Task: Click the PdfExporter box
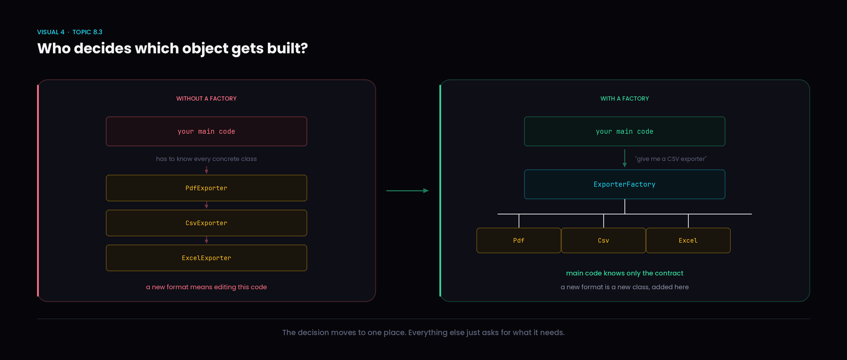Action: coord(206,188)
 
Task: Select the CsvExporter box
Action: coord(206,223)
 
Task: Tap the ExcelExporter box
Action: coord(206,258)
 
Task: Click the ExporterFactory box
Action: coord(625,184)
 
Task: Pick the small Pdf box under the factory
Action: coord(519,240)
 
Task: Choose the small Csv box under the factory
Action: coord(603,240)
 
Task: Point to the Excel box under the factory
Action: coord(688,240)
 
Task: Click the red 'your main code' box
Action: coord(206,131)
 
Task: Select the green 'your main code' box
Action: coord(625,131)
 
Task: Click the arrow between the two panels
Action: coord(408,191)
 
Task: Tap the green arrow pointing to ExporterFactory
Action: coord(625,158)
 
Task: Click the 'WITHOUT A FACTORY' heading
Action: coord(206,98)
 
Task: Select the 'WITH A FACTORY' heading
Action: coord(625,98)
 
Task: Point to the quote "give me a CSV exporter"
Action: coord(671,159)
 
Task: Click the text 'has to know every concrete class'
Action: coord(206,159)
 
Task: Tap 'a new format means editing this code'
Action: coord(206,287)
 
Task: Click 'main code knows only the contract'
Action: coord(625,273)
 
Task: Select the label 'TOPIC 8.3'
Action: coord(87,32)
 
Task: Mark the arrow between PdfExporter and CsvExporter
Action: coord(206,205)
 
